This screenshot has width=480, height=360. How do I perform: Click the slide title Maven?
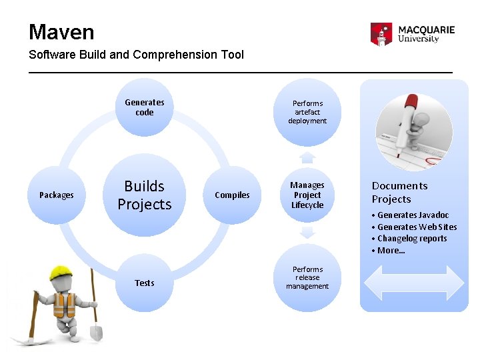(61, 32)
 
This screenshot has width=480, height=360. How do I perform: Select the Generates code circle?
(144, 107)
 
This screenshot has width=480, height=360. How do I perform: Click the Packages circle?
(57, 195)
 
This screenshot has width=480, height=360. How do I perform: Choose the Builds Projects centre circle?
(145, 195)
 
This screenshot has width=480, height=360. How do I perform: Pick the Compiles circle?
(232, 195)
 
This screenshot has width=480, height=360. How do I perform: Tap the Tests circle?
(144, 283)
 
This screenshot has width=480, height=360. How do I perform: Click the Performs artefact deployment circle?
(307, 112)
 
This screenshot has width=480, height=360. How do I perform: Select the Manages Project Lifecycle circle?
(307, 195)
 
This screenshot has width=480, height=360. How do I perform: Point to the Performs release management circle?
(307, 278)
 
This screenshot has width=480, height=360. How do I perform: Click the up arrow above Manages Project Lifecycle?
(307, 157)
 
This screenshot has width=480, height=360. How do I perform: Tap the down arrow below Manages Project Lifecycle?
(307, 233)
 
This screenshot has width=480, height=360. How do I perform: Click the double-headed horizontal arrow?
(414, 282)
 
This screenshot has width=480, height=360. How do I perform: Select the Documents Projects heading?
(399, 192)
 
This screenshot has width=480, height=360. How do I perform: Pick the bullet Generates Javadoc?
(413, 215)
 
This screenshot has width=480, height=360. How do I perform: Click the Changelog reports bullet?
(412, 239)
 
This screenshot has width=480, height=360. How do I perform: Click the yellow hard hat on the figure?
(61, 272)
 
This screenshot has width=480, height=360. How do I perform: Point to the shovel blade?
(95, 331)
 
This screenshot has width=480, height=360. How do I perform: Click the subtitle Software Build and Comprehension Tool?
(136, 55)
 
